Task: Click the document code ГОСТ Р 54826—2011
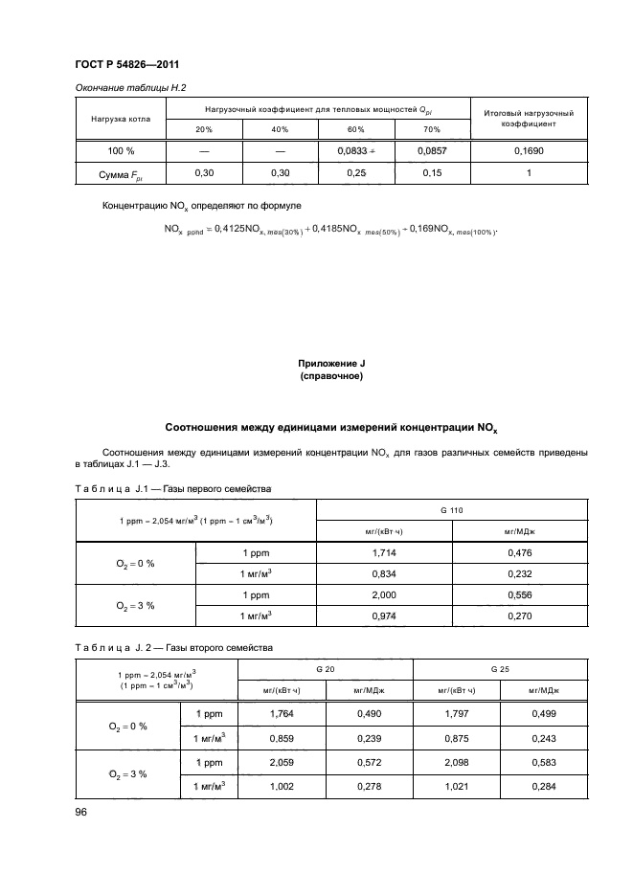[128, 65]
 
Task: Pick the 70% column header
[432, 129]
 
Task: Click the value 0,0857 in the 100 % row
[432, 151]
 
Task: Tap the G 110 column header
[451, 512]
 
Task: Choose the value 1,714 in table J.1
[384, 554]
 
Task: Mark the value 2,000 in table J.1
[384, 597]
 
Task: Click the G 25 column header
[502, 669]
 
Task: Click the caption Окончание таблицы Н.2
[130, 88]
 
